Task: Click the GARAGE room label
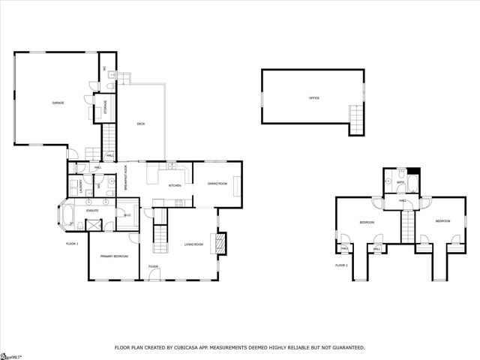(x=58, y=102)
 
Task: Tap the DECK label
(x=140, y=124)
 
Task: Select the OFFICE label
(x=314, y=98)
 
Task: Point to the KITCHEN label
(x=175, y=185)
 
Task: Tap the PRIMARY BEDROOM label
(x=115, y=256)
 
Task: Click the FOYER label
(x=153, y=266)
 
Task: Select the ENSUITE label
(x=91, y=211)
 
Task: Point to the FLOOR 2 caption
(x=341, y=265)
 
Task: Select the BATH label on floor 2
(x=400, y=182)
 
